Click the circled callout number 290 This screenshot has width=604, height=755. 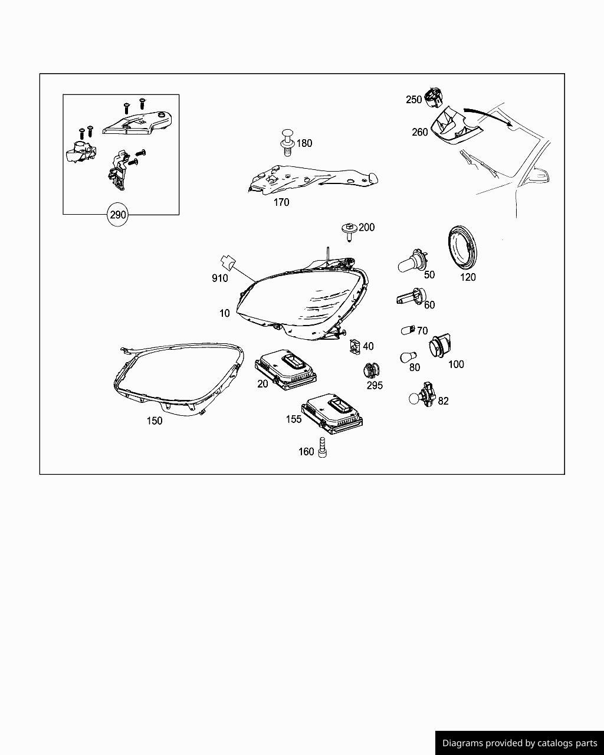(x=118, y=215)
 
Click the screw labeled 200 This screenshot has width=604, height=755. (x=349, y=232)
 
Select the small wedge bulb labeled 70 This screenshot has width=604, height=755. (x=407, y=330)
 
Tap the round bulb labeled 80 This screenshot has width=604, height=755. (x=408, y=356)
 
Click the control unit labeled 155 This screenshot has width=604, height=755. (x=332, y=411)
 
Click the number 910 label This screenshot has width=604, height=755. (x=219, y=278)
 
